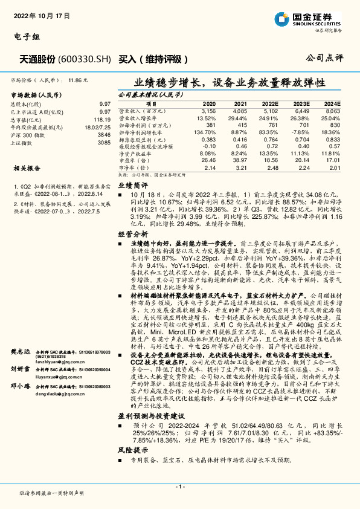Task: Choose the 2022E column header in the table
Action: [270, 105]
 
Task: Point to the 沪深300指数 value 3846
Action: [104, 135]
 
